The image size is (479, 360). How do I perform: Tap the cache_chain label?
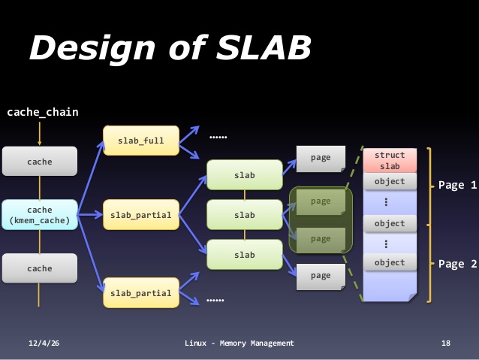(x=43, y=113)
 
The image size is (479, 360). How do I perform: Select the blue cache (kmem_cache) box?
(x=40, y=215)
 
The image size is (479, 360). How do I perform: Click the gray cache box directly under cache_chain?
(x=40, y=162)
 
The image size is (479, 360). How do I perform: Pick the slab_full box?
(x=141, y=141)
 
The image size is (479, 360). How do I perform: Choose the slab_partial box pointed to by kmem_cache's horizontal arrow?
(x=141, y=216)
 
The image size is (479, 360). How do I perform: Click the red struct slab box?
(x=390, y=160)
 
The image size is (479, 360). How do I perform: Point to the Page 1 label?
(x=458, y=185)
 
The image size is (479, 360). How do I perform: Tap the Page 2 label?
(x=458, y=264)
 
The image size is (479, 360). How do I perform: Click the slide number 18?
(x=446, y=343)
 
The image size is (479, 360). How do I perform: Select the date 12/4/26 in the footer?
(x=44, y=343)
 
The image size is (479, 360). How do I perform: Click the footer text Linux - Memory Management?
(x=239, y=343)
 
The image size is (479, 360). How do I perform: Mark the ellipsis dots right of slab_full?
(x=218, y=138)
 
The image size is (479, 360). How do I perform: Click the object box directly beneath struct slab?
(x=390, y=182)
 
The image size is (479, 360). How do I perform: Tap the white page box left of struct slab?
(x=320, y=159)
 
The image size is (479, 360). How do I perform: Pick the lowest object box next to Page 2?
(x=390, y=263)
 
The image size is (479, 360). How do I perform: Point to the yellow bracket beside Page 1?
(x=429, y=185)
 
